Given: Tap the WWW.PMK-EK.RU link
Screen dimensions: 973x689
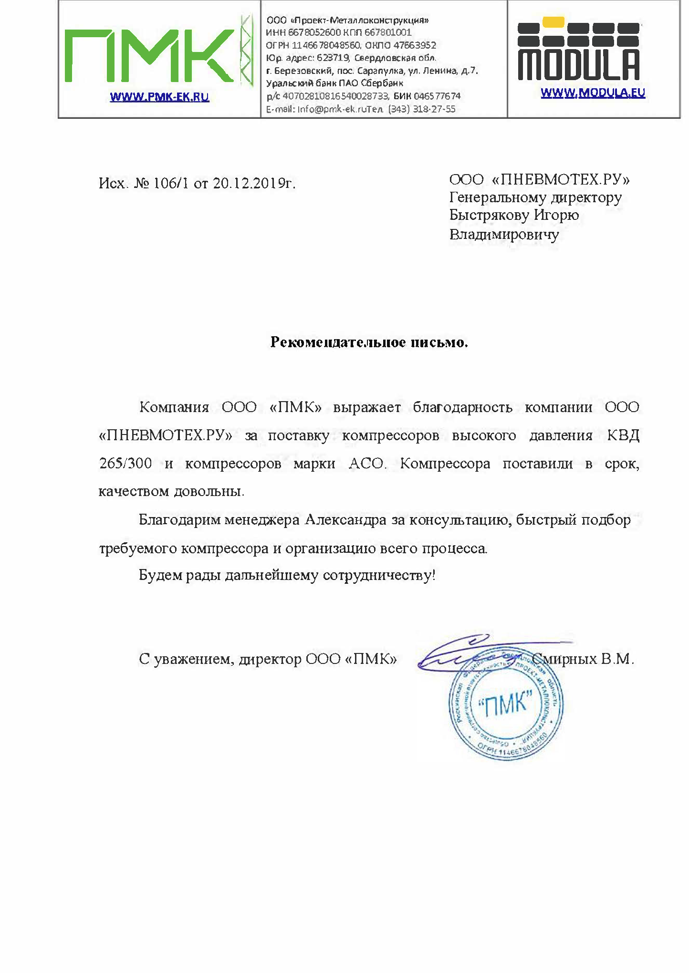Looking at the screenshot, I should pyautogui.click(x=159, y=97).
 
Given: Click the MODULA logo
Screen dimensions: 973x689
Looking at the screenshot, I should pyautogui.click(x=578, y=50).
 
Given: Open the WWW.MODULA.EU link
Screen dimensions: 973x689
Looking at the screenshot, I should pyautogui.click(x=593, y=93).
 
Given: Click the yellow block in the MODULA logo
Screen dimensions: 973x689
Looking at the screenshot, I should pyautogui.click(x=553, y=22).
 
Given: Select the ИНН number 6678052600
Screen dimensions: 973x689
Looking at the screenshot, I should pyautogui.click(x=314, y=32).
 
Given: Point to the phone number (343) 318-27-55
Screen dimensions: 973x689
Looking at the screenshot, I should pyautogui.click(x=421, y=109).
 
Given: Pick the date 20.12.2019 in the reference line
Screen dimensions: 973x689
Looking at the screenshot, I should pyautogui.click(x=248, y=183).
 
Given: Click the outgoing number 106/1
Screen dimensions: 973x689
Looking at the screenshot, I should pyautogui.click(x=172, y=183).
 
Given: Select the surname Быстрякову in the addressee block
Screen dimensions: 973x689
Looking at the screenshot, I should pyautogui.click(x=489, y=215).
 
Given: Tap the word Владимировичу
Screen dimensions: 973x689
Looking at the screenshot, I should pyautogui.click(x=504, y=235).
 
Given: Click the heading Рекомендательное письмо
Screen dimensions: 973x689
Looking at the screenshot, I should pyautogui.click(x=369, y=342).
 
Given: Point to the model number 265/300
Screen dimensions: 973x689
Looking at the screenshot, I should pyautogui.click(x=125, y=463).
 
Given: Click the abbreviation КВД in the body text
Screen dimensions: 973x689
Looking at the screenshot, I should pyautogui.click(x=623, y=435).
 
